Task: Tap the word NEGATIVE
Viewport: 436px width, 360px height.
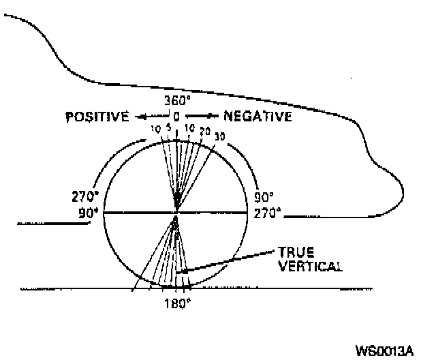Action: [x=258, y=117]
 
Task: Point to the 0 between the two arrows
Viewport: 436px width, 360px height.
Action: [x=176, y=117]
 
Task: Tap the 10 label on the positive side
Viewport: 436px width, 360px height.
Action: [x=156, y=128]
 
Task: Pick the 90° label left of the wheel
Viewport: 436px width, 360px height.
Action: [x=89, y=212]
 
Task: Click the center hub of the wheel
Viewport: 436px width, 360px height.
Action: [x=176, y=213]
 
